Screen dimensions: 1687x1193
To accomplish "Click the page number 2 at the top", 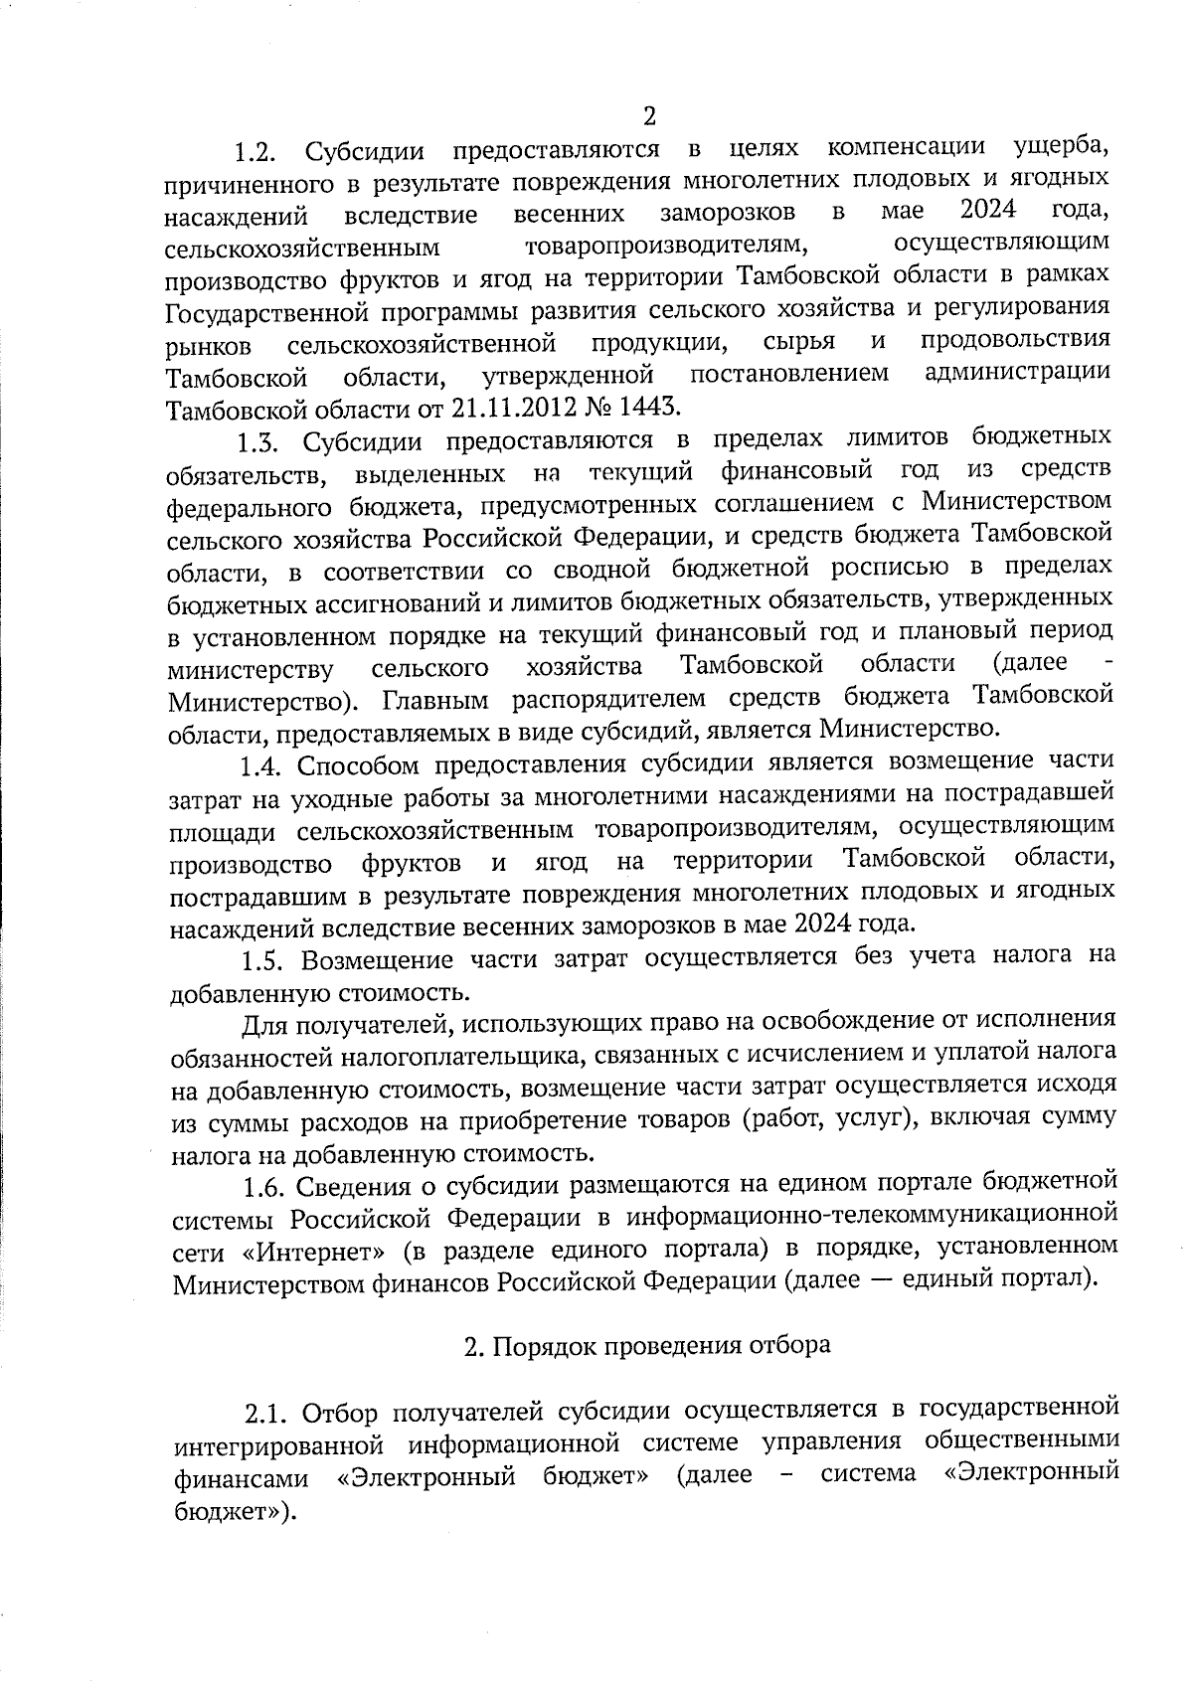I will (x=649, y=116).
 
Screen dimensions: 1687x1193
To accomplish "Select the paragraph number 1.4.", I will (x=261, y=765).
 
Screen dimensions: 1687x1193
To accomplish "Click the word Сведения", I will (x=359, y=1185).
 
